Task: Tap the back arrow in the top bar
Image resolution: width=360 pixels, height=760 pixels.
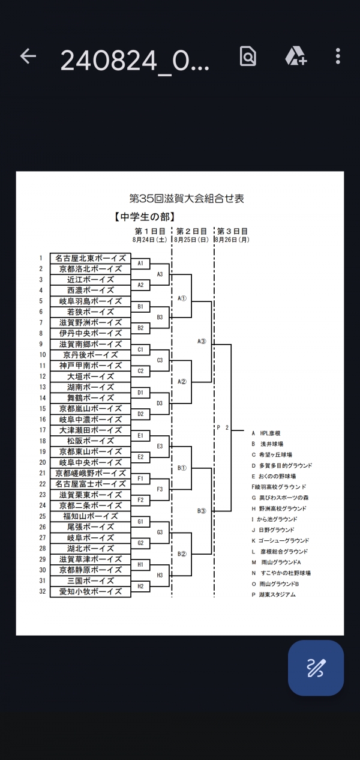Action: click(28, 56)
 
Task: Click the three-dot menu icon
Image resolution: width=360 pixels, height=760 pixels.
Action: click(338, 56)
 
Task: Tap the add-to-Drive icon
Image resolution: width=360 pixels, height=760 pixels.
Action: click(295, 56)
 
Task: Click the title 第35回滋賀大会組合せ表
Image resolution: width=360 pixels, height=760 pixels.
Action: click(187, 199)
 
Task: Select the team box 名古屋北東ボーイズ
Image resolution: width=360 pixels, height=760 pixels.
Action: click(90, 258)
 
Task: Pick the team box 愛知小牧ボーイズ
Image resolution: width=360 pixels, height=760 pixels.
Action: click(90, 591)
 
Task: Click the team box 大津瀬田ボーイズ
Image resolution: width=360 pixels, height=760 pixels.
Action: click(90, 430)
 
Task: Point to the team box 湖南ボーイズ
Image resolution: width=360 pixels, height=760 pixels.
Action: click(90, 387)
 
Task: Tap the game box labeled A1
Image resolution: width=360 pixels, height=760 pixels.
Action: click(140, 264)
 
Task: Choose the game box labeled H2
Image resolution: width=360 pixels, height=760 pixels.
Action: click(140, 586)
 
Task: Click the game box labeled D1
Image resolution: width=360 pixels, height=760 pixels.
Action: click(140, 393)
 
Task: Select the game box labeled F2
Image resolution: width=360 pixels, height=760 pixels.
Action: click(140, 500)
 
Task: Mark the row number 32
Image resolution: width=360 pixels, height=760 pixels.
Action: click(42, 591)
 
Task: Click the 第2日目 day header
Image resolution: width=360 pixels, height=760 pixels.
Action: click(191, 231)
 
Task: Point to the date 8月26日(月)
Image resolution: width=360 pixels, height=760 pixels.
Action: click(232, 240)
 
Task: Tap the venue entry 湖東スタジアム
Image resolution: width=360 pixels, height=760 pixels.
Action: click(277, 594)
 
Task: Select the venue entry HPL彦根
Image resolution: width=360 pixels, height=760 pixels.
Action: click(270, 433)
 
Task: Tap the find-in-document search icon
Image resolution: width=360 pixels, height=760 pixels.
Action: click(248, 56)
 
